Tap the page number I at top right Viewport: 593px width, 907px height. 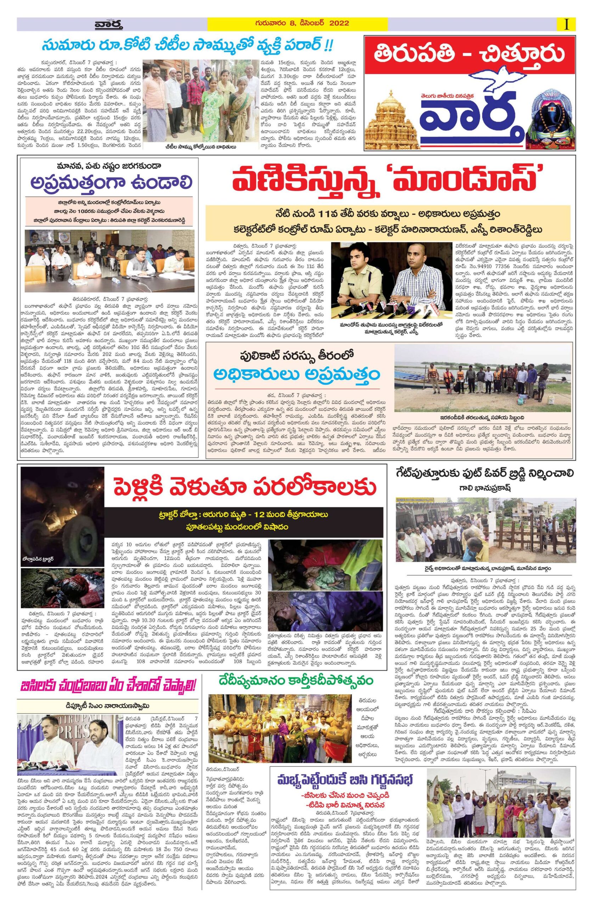[x=567, y=24]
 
